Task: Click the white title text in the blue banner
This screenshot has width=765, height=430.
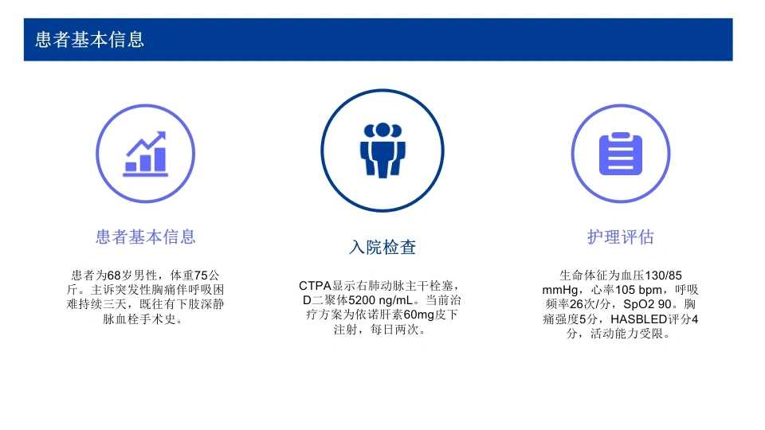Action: (90, 40)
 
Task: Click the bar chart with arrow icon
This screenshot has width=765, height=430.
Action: (145, 154)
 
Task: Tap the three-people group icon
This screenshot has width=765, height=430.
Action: (382, 150)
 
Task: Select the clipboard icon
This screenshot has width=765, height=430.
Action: (621, 154)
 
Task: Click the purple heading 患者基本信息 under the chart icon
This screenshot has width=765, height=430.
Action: (145, 237)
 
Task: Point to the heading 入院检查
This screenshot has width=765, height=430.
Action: (382, 247)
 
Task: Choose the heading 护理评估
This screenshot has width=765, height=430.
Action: (621, 237)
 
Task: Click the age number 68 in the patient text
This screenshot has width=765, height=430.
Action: (114, 276)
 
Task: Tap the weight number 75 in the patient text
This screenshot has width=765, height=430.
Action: (201, 276)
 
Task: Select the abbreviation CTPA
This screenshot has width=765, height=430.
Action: (316, 286)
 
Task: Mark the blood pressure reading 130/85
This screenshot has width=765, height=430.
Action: (663, 276)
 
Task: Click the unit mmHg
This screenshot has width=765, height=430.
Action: (560, 291)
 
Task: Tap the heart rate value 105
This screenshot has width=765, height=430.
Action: (625, 290)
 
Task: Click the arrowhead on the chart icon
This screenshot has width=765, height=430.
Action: (160, 136)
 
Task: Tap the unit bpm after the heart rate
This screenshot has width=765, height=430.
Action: (650, 291)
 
